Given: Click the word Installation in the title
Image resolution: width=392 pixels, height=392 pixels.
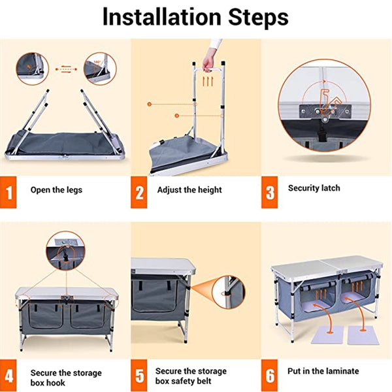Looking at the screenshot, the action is click(162, 17).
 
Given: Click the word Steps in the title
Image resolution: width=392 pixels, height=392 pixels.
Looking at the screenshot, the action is click(258, 17).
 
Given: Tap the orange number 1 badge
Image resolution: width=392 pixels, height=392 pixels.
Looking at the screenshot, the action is click(8, 192).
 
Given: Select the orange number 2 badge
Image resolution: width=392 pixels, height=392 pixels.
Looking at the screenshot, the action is click(139, 192).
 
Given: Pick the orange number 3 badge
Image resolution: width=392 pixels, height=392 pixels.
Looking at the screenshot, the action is click(269, 192).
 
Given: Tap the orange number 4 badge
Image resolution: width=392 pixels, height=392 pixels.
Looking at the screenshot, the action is click(8, 376).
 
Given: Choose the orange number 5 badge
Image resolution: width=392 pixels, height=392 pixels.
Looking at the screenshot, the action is click(139, 376).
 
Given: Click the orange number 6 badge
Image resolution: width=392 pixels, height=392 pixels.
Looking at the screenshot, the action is click(269, 376).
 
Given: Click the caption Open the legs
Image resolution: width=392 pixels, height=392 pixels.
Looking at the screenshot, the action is click(56, 190).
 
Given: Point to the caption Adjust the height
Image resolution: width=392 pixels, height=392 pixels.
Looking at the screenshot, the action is click(189, 190).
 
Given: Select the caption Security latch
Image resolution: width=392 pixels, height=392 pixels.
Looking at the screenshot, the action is click(314, 188).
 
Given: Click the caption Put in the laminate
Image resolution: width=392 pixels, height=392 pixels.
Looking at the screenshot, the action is click(323, 371).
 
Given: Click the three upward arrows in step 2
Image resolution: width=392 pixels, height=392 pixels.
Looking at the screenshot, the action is click(208, 82).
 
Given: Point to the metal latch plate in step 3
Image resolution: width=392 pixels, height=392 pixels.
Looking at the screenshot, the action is click(325, 112).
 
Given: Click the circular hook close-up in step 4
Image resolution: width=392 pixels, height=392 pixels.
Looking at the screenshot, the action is click(65, 251).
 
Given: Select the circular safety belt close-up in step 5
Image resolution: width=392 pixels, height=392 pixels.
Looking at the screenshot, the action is click(229, 292).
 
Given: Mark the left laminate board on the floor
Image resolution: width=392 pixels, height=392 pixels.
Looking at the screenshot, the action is click(327, 335).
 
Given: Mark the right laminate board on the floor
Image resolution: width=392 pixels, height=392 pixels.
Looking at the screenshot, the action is click(363, 335).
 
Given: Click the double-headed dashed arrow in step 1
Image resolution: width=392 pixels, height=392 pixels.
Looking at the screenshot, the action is click(66, 69).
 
